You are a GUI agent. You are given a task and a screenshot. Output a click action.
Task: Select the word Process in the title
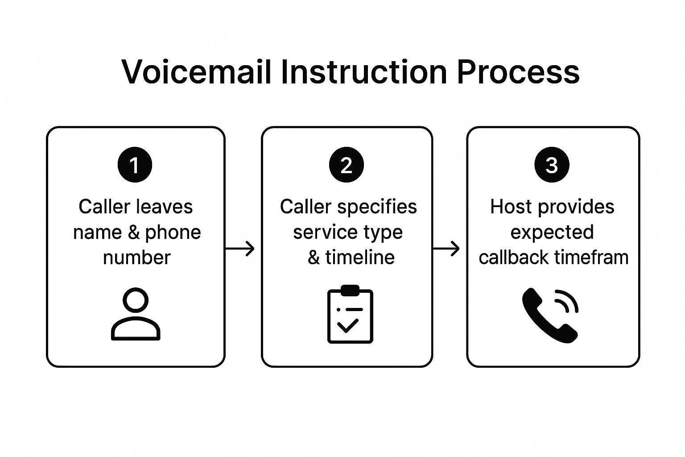pyautogui.click(x=518, y=72)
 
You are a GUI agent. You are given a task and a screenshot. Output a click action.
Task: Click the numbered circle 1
pyautogui.click(x=135, y=165)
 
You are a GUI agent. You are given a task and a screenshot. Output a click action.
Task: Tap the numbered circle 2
pyautogui.click(x=347, y=165)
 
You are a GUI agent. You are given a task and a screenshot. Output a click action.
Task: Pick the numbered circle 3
pyautogui.click(x=552, y=165)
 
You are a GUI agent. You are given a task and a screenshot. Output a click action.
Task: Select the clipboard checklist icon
pyautogui.click(x=350, y=314)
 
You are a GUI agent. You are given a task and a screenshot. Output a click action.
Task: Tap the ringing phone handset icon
pyautogui.click(x=550, y=315)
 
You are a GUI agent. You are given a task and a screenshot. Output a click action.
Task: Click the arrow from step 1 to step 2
pyautogui.click(x=240, y=249)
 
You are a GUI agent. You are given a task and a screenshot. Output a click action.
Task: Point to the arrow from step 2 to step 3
pyautogui.click(x=446, y=249)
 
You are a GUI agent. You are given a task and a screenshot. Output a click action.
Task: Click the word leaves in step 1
pyautogui.click(x=164, y=207)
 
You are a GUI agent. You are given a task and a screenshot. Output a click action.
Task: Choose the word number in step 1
pyautogui.click(x=137, y=258)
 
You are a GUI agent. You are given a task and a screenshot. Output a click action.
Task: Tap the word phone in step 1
pyautogui.click(x=173, y=233)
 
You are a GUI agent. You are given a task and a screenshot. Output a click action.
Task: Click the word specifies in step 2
pyautogui.click(x=377, y=207)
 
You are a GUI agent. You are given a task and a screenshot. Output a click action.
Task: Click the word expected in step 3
pyautogui.click(x=552, y=233)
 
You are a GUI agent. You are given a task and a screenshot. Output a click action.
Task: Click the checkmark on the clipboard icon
pyautogui.click(x=348, y=326)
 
